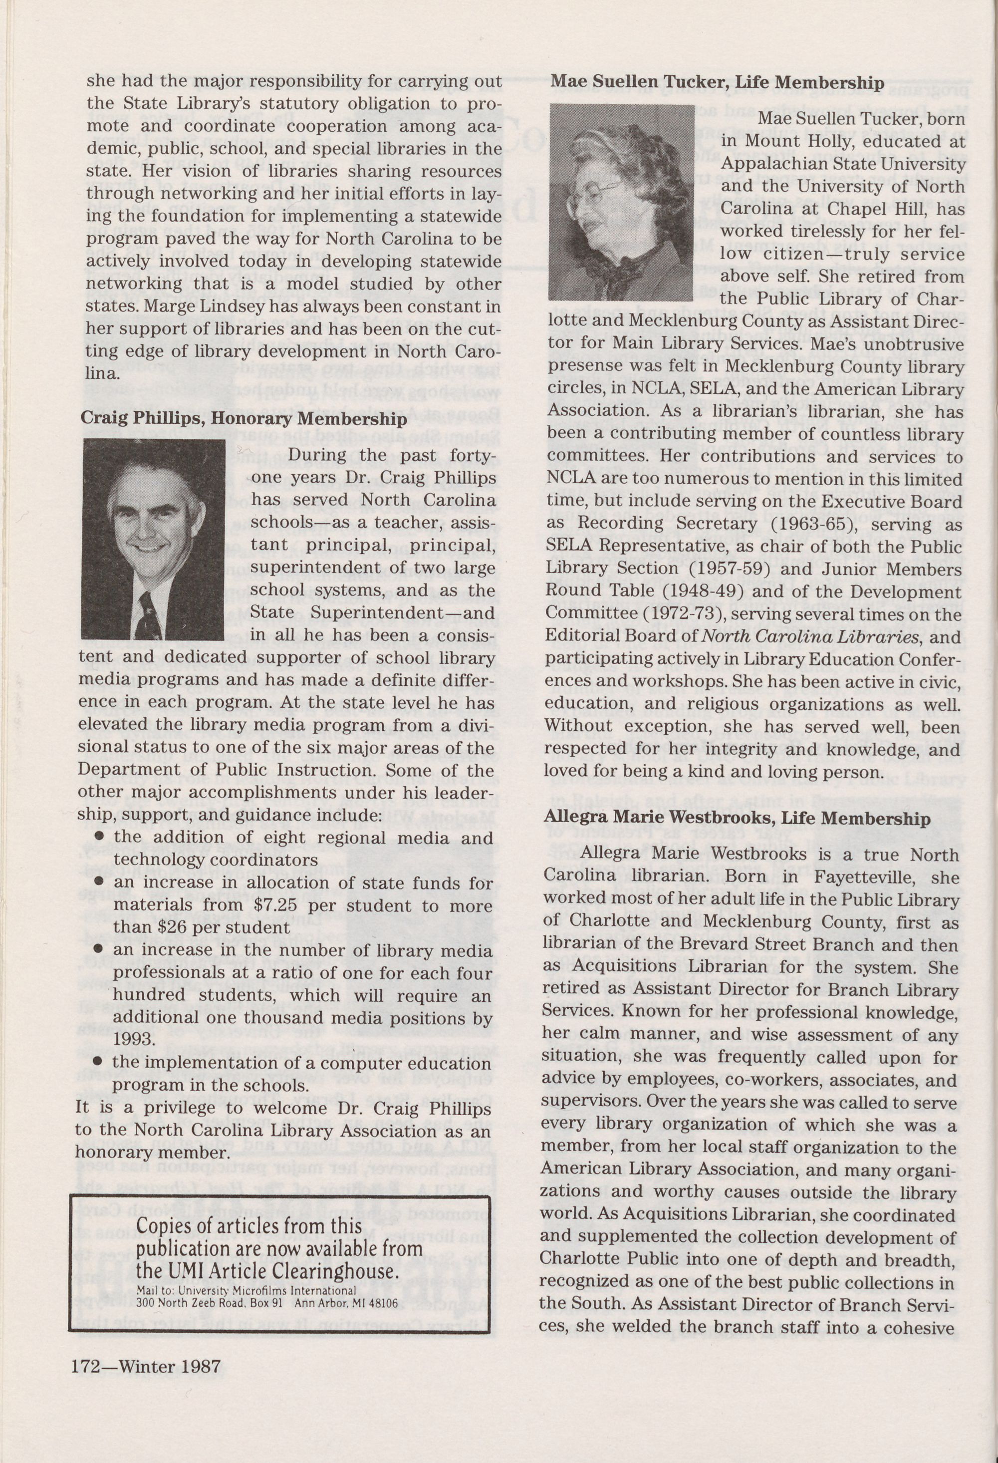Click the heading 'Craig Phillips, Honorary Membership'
pyautogui.click(x=244, y=419)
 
